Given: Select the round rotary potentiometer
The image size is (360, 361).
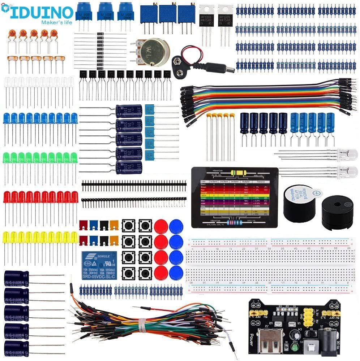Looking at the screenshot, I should pos(154,52).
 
